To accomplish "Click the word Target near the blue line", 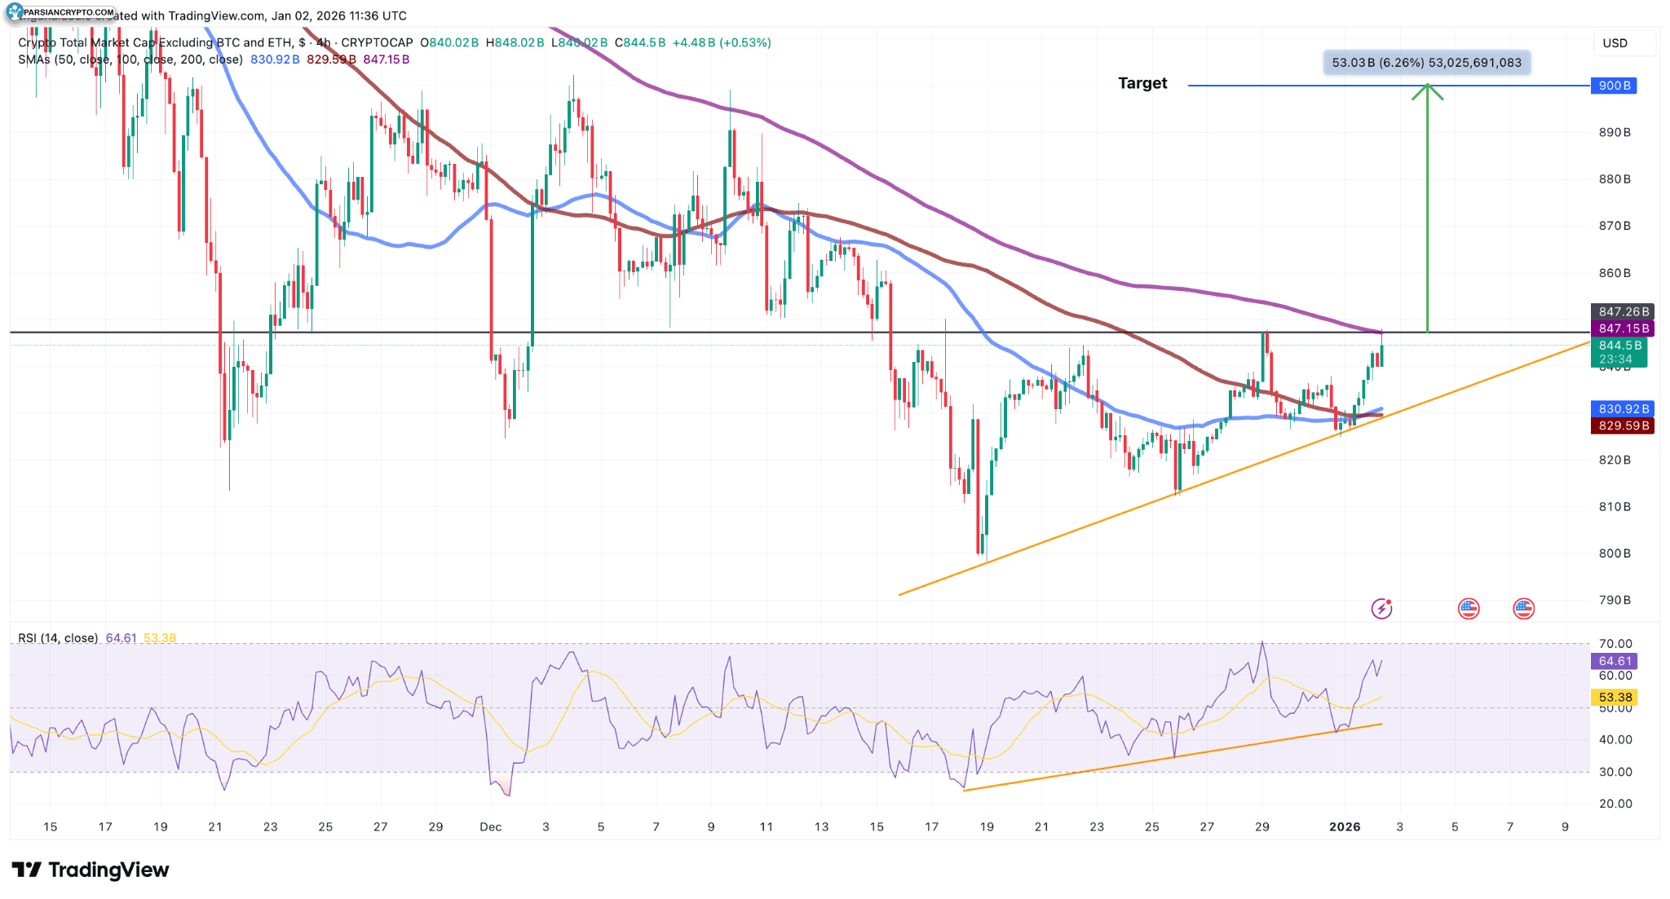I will (x=1142, y=83).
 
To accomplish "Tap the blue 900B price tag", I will (x=1613, y=86).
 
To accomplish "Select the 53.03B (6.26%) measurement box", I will (x=1425, y=63).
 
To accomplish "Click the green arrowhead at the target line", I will (x=1427, y=90).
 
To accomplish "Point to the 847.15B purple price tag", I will (x=1622, y=328).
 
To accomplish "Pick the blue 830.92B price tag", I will (x=1622, y=409).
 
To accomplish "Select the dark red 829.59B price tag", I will (x=1622, y=425).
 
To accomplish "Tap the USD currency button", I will (x=1615, y=43).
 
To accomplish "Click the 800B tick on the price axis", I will (x=1615, y=553).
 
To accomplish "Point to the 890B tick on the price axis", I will (x=1615, y=132).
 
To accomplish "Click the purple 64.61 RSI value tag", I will (x=1614, y=661).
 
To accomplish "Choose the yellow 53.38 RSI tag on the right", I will (x=1614, y=697).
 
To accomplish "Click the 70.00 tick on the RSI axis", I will (x=1615, y=644).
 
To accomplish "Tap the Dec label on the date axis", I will (x=490, y=826).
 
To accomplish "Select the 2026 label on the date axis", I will (x=1344, y=826).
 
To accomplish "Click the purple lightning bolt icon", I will (x=1381, y=608).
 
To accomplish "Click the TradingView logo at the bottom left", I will (x=90, y=870).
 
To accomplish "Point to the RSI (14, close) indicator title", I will (x=58, y=638).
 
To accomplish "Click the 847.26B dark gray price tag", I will (x=1622, y=311).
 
